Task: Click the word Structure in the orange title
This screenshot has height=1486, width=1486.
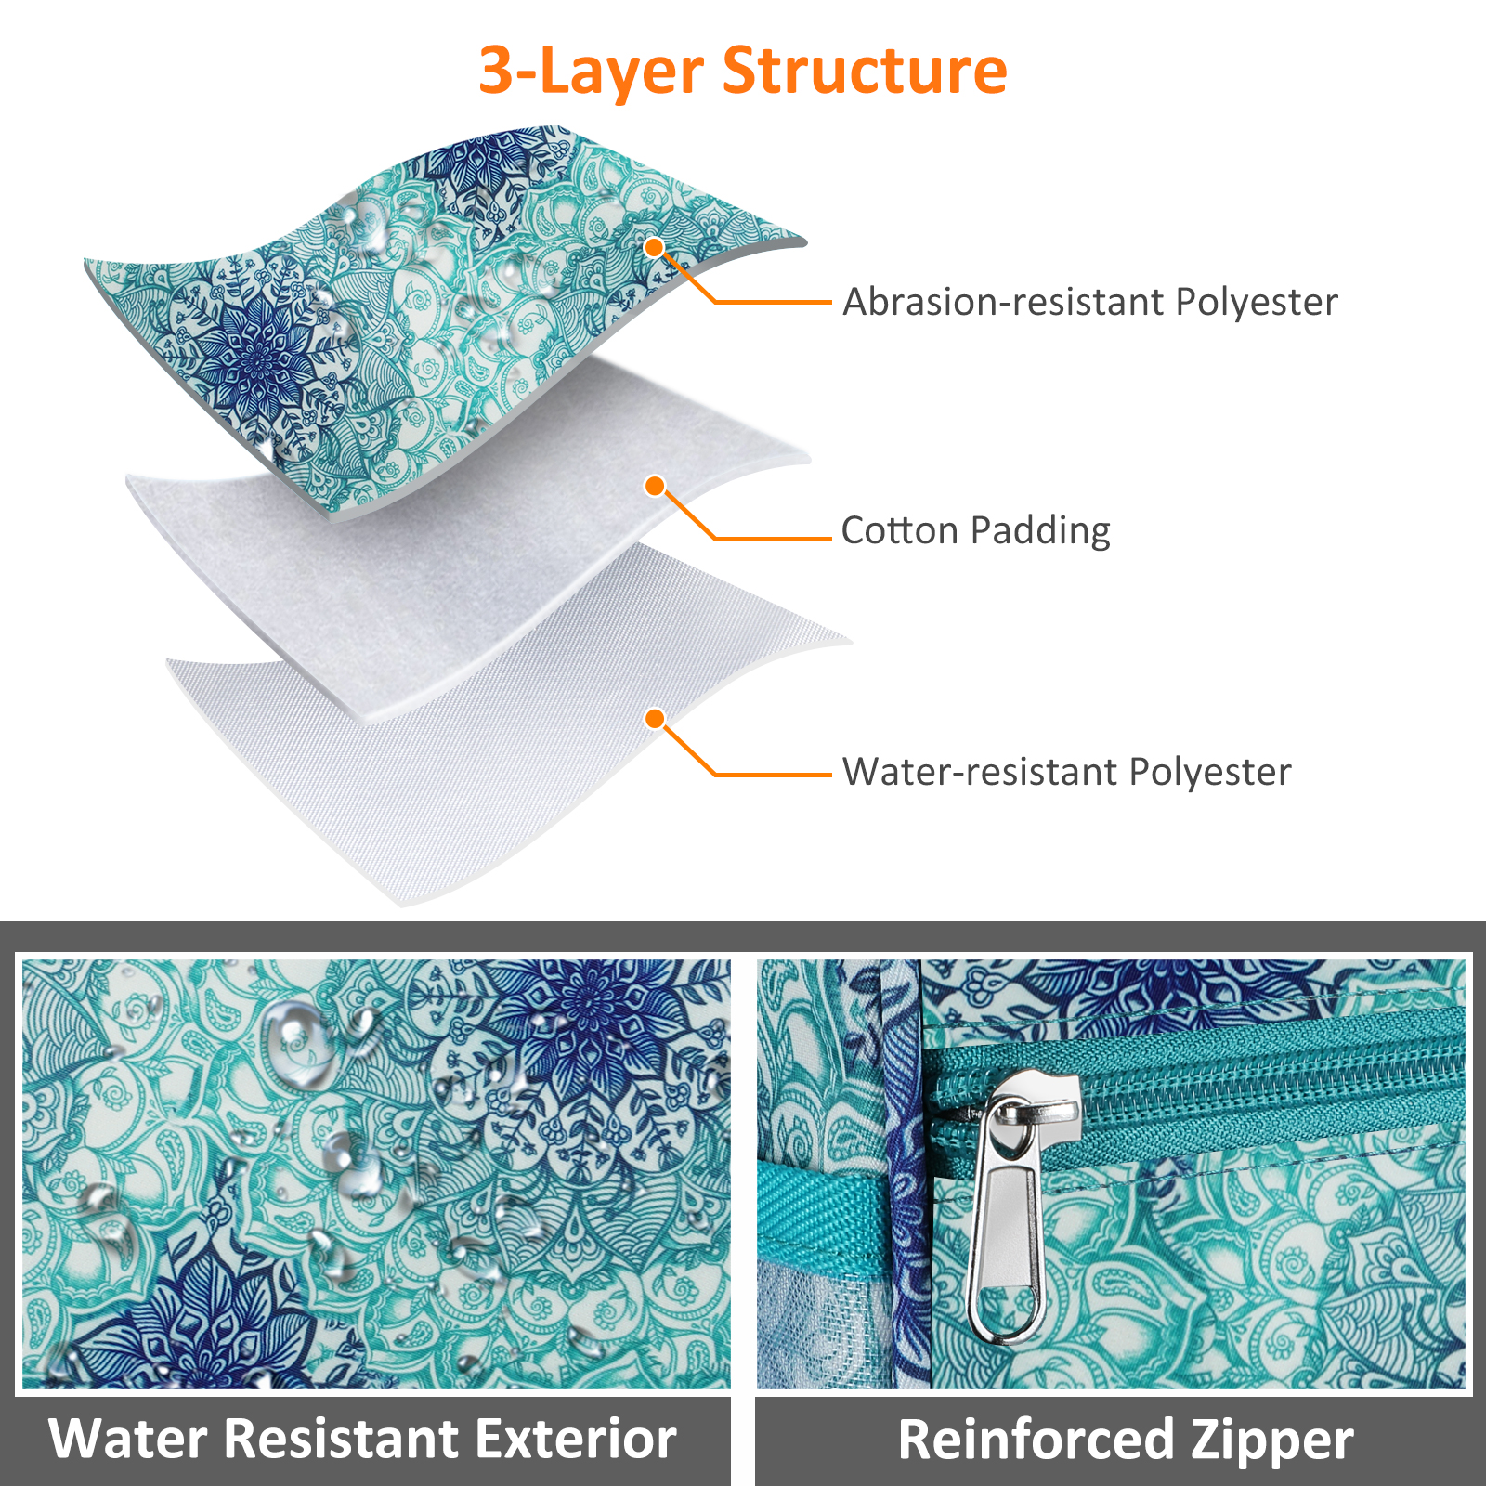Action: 865,71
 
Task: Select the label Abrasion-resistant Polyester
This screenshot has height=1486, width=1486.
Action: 1090,302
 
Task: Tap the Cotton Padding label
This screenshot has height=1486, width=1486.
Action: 975,530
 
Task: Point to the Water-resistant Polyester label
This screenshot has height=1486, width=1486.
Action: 1066,772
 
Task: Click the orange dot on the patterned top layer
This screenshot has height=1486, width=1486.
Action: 655,247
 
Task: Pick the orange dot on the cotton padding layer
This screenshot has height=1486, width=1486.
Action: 655,486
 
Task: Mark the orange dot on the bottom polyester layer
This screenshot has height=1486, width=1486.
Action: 655,719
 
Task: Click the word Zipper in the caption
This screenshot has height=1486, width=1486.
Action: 1271,1440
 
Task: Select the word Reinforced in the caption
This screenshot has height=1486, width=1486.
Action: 1036,1440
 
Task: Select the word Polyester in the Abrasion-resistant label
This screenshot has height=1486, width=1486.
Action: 1257,303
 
